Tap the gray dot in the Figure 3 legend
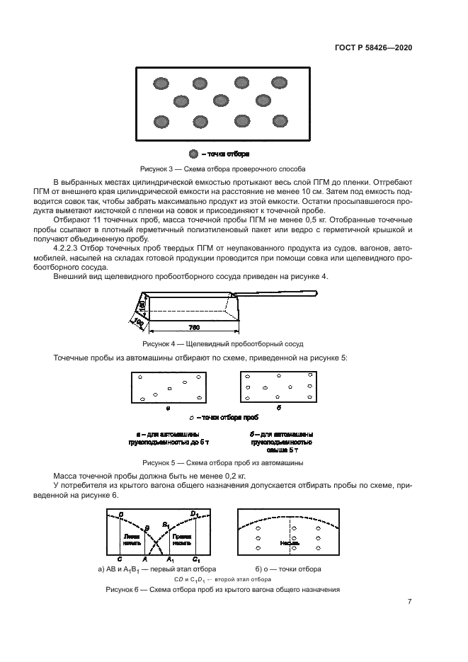193,154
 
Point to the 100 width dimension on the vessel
137,322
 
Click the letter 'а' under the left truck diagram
167,409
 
